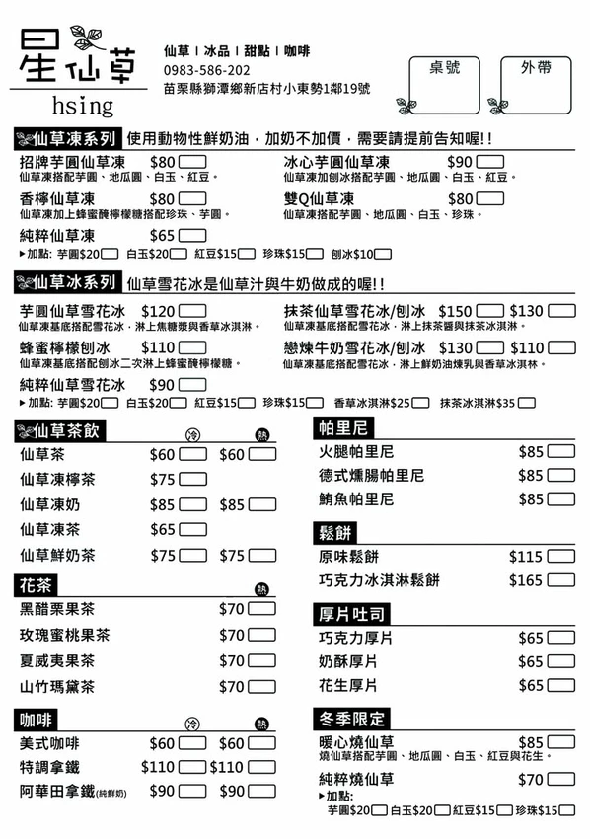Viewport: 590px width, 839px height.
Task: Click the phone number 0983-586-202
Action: click(x=206, y=70)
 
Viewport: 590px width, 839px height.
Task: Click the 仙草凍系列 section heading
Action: click(x=67, y=138)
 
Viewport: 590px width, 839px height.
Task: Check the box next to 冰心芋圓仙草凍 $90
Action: click(x=490, y=162)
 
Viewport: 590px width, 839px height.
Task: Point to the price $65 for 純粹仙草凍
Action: click(x=163, y=236)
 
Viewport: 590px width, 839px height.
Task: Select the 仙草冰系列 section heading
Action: click(x=67, y=284)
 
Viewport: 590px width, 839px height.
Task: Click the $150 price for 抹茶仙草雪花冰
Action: click(x=455, y=310)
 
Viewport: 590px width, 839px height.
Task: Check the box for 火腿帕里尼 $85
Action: click(x=561, y=452)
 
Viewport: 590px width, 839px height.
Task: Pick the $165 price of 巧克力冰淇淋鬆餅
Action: click(x=526, y=580)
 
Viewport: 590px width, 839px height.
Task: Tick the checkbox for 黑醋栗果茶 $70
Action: click(x=261, y=609)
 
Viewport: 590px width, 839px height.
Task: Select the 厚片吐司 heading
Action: click(x=350, y=614)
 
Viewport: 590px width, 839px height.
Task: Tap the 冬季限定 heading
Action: click(x=350, y=719)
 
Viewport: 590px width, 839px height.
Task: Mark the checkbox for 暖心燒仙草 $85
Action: click(x=561, y=742)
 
